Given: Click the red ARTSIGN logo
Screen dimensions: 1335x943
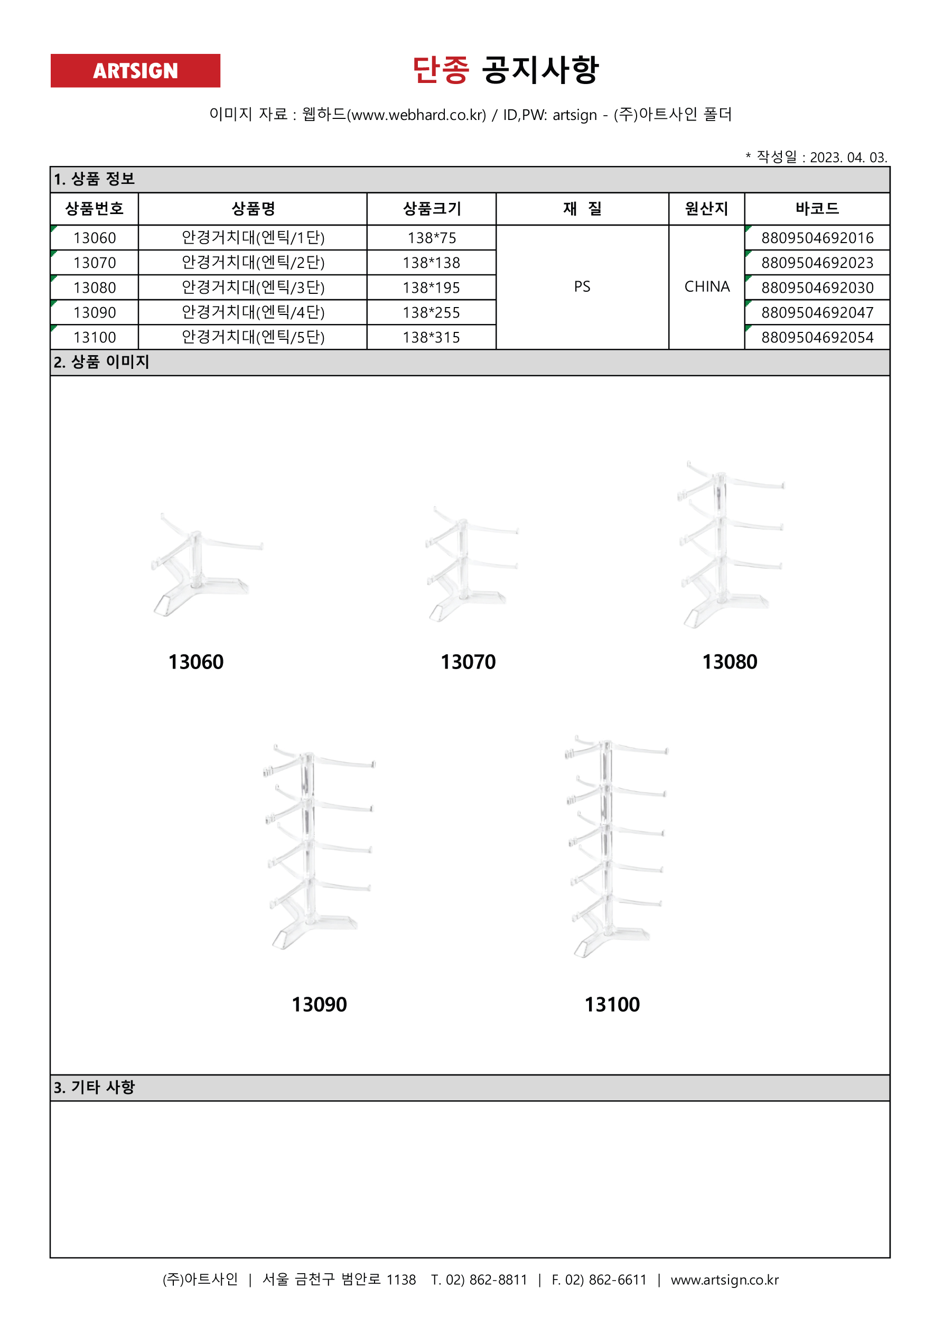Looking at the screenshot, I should tap(135, 70).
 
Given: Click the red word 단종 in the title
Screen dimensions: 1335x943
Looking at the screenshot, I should tap(440, 70).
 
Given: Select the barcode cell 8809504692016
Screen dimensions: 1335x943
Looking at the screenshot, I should tap(817, 238).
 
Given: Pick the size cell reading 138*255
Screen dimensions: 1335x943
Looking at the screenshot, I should tap(432, 313).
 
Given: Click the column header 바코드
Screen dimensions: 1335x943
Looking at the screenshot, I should tap(817, 209).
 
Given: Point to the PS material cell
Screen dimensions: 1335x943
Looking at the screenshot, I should tap(582, 286).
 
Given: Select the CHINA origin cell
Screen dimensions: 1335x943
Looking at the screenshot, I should tap(706, 286).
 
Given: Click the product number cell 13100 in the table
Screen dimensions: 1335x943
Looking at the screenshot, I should tap(95, 337).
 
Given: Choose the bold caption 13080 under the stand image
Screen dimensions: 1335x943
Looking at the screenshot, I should tap(729, 662).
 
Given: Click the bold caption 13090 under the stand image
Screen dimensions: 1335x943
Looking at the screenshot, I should tap(319, 1004).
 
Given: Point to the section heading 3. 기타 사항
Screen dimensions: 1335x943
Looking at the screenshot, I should tap(94, 1087).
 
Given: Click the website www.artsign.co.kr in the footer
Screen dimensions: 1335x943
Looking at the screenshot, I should tap(724, 1280).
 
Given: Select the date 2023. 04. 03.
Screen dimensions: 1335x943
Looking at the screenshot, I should tap(848, 157).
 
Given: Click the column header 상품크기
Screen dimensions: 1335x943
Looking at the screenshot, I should tap(432, 209).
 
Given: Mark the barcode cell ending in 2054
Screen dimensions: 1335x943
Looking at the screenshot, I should tap(817, 337).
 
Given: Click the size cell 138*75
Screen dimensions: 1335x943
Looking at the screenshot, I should tap(432, 238).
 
